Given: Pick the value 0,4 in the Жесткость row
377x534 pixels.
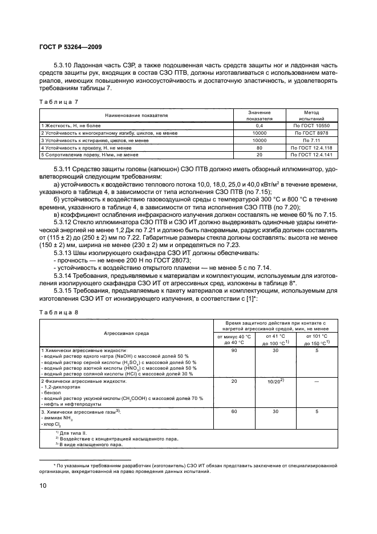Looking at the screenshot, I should pyautogui.click(x=259, y=124).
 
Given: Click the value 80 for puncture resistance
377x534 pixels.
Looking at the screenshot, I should pyautogui.click(x=259, y=147).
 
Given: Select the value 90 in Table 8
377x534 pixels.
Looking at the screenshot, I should pyautogui.click(x=234, y=351).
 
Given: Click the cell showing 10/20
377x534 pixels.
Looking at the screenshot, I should pyautogui.click(x=276, y=381).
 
